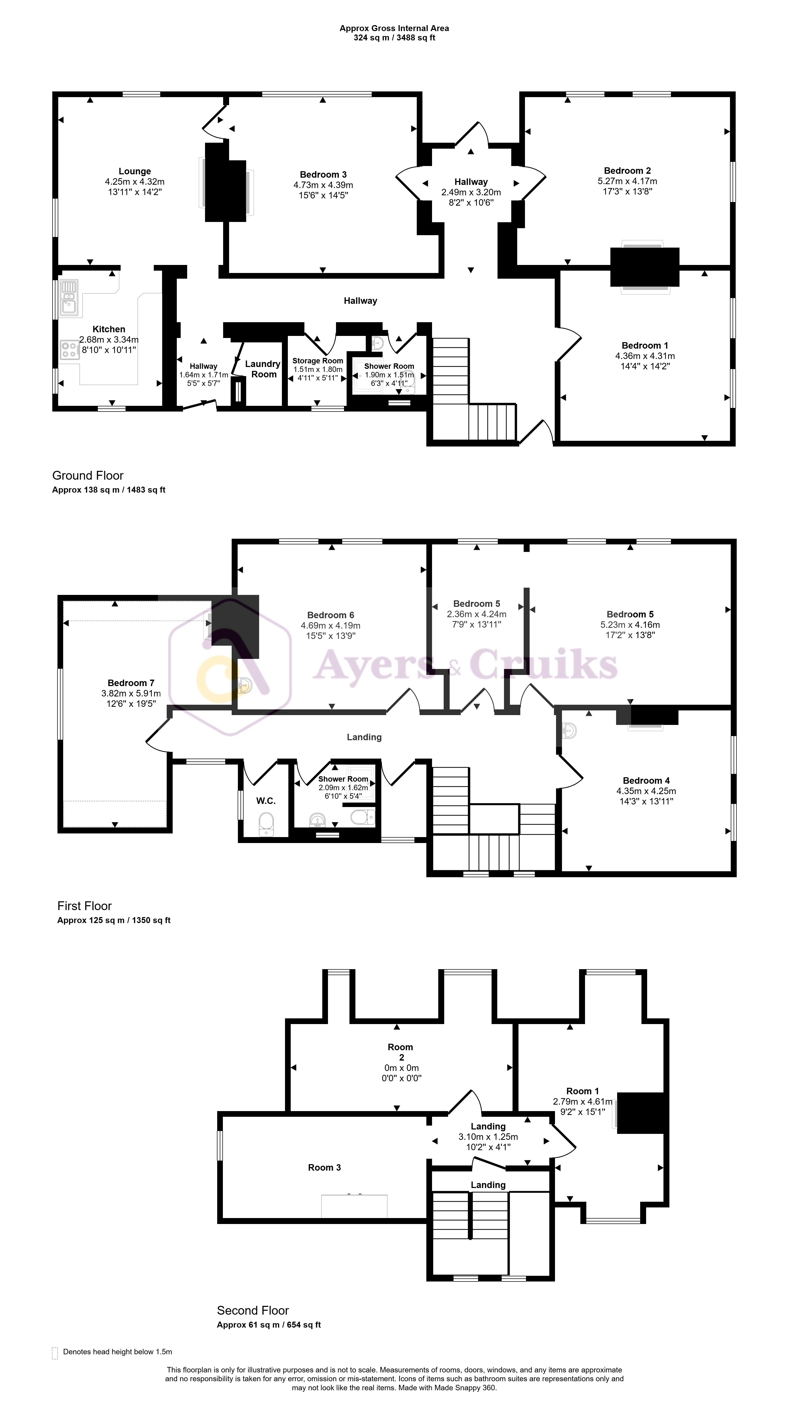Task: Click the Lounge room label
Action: [x=135, y=171]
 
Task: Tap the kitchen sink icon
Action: [x=69, y=298]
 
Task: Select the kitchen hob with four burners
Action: [x=70, y=349]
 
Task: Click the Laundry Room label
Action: [x=263, y=369]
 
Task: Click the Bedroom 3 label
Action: [x=323, y=174]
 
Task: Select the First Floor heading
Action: [x=84, y=906]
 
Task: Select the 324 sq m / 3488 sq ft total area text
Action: [x=394, y=38]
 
